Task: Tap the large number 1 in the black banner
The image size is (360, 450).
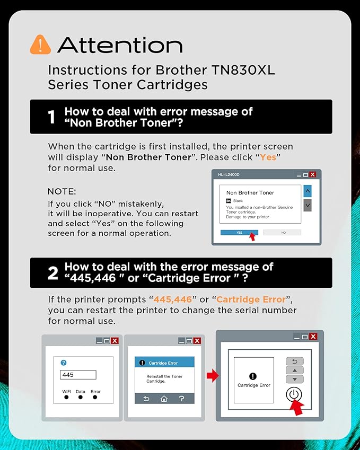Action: (x=51, y=117)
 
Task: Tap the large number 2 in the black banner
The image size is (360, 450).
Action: (x=52, y=273)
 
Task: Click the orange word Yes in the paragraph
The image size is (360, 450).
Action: (x=268, y=157)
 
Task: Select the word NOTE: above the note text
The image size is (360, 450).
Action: (x=62, y=191)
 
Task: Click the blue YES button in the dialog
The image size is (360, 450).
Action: (x=239, y=232)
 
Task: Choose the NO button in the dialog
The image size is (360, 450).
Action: (x=282, y=232)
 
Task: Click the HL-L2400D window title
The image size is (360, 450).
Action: (x=230, y=174)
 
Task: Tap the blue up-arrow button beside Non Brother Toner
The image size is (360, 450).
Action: (x=308, y=191)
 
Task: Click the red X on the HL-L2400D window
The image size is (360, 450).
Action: (x=313, y=174)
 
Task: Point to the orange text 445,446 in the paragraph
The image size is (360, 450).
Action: (x=173, y=299)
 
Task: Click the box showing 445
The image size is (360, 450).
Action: (x=78, y=375)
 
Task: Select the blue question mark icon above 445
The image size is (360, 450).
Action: (x=64, y=363)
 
